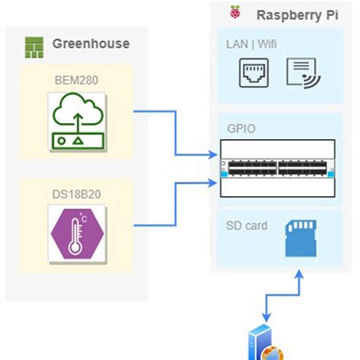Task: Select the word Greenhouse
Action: (90, 43)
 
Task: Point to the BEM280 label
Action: (76, 77)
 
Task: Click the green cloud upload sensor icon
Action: (77, 120)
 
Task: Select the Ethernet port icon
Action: (255, 74)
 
